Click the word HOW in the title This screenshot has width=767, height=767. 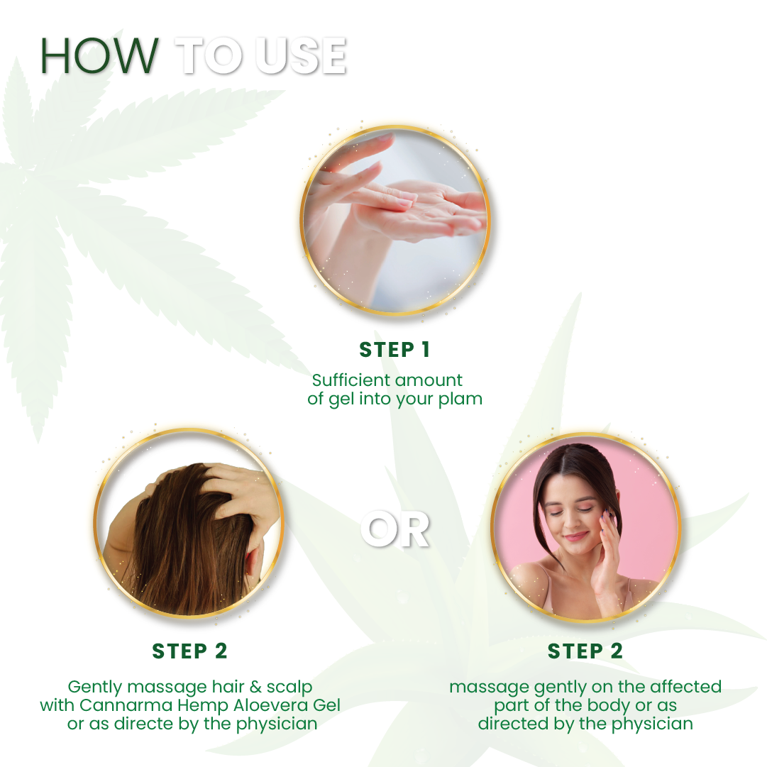(x=99, y=55)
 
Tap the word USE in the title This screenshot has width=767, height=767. (x=301, y=55)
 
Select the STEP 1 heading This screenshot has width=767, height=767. (x=394, y=350)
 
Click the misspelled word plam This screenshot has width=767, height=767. (x=461, y=399)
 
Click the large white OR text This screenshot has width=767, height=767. (x=394, y=529)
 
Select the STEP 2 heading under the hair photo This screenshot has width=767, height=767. (x=189, y=651)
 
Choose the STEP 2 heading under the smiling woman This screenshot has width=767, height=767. (x=585, y=651)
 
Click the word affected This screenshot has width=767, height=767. (x=682, y=687)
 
